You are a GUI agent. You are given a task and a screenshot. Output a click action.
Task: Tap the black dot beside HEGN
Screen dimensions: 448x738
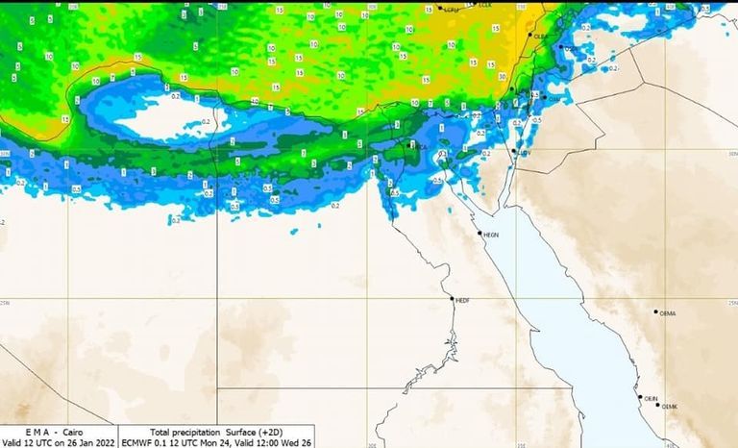[x=480, y=232]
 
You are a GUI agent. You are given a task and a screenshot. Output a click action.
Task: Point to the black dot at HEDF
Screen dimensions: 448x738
[x=452, y=298]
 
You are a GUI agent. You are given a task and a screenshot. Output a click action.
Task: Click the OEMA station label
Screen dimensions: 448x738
[x=668, y=313]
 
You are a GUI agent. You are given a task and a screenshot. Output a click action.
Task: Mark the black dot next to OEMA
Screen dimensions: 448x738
[x=656, y=311]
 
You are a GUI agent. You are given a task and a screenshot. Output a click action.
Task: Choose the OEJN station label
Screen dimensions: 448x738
[x=652, y=398]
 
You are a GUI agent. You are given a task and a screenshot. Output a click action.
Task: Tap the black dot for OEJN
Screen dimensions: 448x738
[x=640, y=396]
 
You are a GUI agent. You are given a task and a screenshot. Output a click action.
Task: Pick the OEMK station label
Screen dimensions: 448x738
[x=670, y=408]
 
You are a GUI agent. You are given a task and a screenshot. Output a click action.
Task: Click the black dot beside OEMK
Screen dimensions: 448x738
[x=659, y=405]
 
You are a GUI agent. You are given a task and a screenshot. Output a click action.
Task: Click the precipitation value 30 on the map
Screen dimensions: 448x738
[x=504, y=76]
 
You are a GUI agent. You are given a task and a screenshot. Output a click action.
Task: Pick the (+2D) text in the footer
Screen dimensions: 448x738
[x=279, y=433]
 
